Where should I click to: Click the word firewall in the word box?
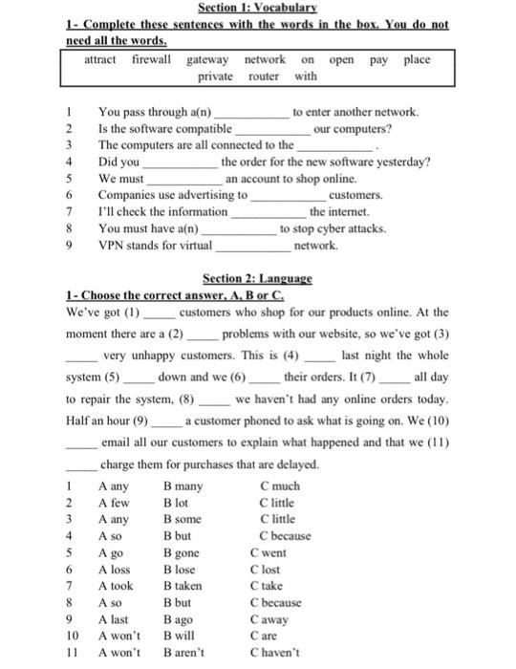tap(152, 59)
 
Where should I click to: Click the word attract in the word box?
tap(101, 59)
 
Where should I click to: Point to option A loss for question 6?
tap(116, 570)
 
